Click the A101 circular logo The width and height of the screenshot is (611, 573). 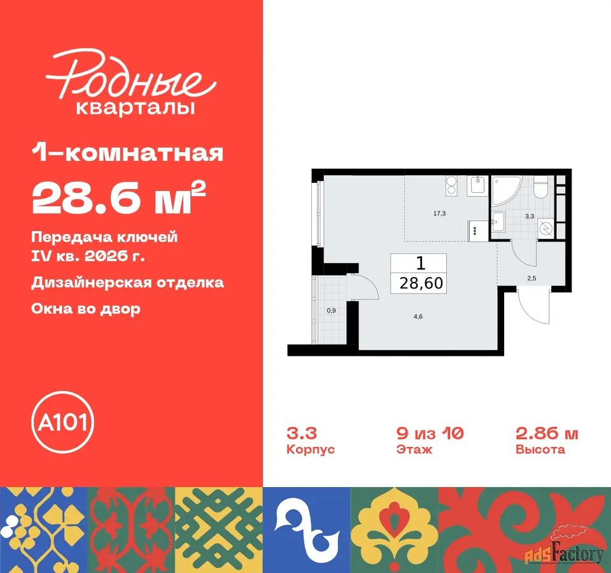pos(63,422)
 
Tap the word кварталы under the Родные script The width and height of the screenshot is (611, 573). pos(135,108)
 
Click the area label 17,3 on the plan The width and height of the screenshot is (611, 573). pos(440,213)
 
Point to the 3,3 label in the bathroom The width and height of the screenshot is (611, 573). pos(530,216)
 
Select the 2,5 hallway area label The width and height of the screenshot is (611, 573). pos(532,278)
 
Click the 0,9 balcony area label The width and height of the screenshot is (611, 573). pos(331,311)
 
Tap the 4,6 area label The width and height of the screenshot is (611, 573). pos(418,316)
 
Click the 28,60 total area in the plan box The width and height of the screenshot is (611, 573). pos(421,283)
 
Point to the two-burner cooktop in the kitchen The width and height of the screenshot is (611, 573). pos(451,185)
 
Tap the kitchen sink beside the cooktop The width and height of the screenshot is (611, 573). pos(477,185)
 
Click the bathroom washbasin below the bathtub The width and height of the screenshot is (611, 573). pos(498,222)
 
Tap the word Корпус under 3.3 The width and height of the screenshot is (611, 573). pos(311,449)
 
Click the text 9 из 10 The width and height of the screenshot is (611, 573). pos(430,433)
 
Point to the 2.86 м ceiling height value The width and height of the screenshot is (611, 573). pos(547,433)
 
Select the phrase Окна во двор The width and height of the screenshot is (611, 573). pos(86,309)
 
